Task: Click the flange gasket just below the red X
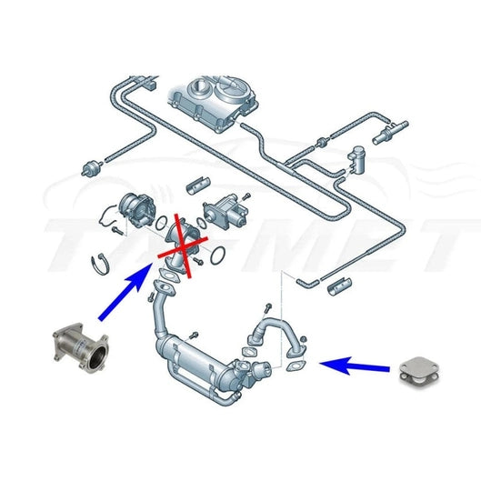164,288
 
